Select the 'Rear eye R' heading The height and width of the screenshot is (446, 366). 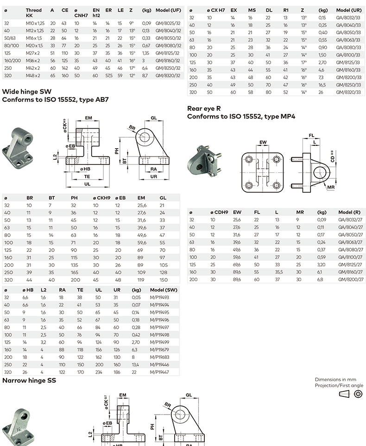coord(204,108)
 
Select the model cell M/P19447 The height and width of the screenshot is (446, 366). coord(160,371)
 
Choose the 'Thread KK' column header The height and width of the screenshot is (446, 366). coord(33,13)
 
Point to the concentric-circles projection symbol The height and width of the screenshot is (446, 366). coord(358,394)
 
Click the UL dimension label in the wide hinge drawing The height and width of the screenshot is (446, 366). coord(87,184)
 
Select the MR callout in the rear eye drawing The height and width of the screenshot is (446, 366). coord(331,187)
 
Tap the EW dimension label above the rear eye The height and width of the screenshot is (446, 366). coord(263,142)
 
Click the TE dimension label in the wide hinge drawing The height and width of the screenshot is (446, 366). coord(87,176)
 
